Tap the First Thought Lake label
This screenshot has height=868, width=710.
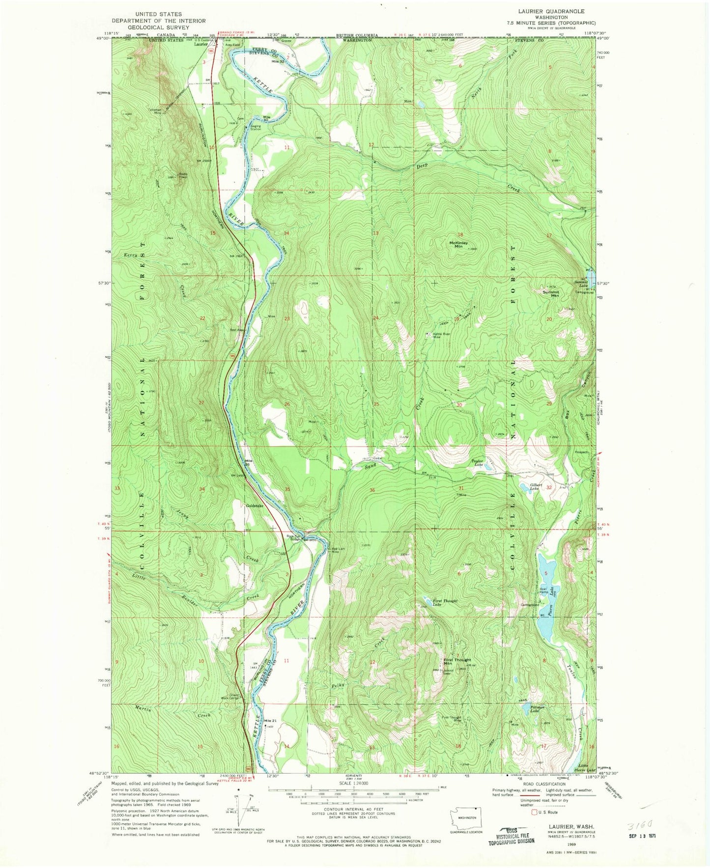[x=445, y=602]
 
